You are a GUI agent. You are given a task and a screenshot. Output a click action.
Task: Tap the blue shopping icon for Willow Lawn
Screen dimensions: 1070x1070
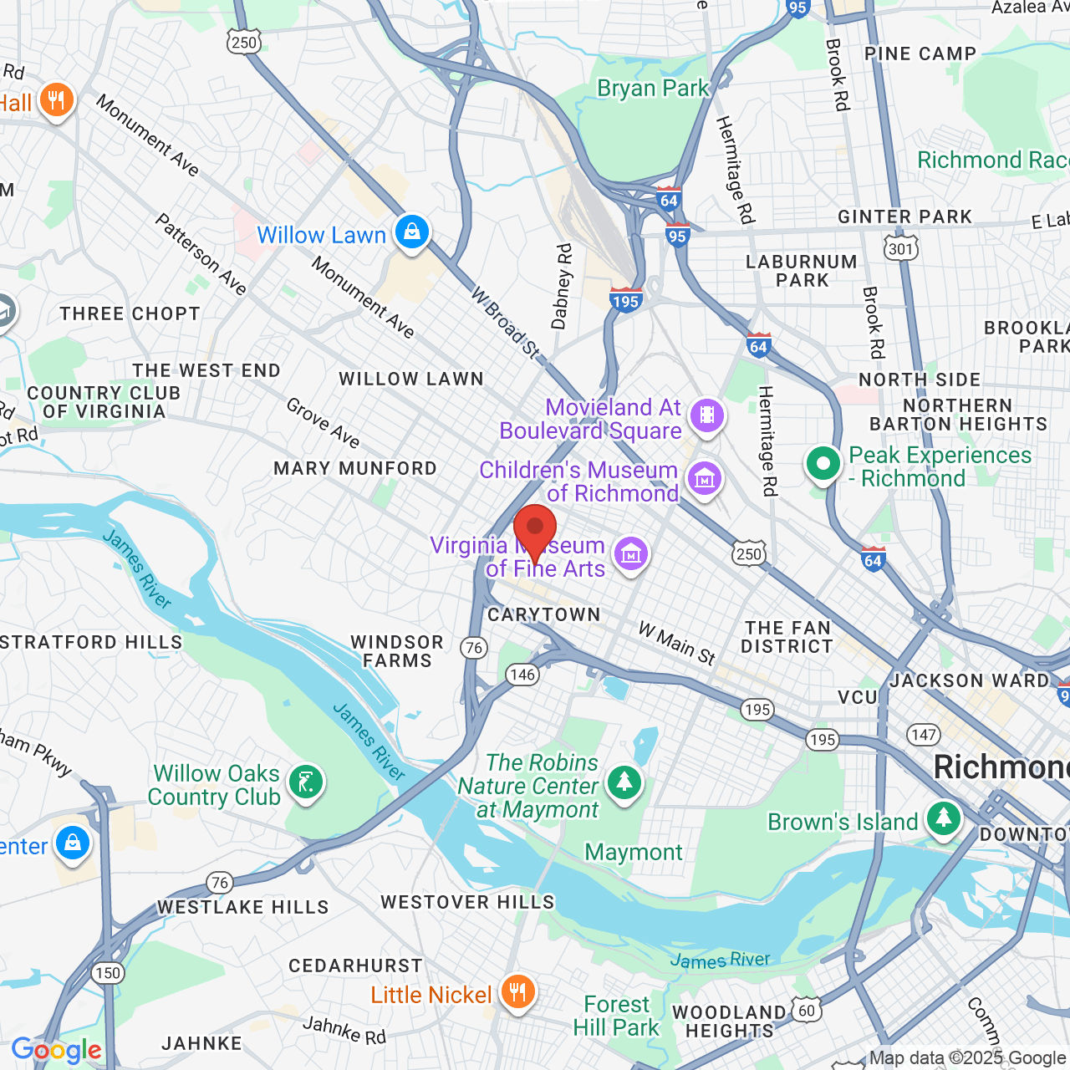tap(412, 232)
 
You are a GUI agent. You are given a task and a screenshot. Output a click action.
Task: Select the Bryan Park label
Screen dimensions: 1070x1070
tap(652, 89)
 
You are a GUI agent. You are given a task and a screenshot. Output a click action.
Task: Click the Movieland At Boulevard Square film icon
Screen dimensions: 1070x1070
tap(707, 415)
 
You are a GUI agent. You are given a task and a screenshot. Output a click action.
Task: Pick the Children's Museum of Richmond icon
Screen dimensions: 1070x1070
tap(704, 479)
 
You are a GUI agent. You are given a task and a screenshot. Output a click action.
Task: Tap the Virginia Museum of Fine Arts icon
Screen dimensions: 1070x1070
tap(631, 553)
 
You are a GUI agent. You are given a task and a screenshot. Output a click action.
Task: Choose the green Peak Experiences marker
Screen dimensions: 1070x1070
tap(823, 463)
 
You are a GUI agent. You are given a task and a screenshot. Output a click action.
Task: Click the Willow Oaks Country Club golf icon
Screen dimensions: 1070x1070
tap(306, 782)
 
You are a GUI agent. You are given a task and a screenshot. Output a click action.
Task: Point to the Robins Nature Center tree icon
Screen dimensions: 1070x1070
tap(624, 782)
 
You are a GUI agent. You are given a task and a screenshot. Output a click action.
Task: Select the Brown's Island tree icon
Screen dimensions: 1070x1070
tap(944, 818)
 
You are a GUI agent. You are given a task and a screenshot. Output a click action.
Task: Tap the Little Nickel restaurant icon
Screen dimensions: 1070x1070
tap(518, 992)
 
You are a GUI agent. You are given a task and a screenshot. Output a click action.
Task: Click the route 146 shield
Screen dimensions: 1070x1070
tap(522, 675)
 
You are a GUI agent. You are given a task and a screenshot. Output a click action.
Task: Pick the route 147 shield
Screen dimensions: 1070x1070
tap(924, 735)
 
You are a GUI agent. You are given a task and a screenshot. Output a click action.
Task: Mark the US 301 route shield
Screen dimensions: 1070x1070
tap(901, 248)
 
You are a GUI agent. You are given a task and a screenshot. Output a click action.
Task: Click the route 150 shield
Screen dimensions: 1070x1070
tap(108, 973)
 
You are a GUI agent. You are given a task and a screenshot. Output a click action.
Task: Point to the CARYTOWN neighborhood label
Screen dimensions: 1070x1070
tap(544, 614)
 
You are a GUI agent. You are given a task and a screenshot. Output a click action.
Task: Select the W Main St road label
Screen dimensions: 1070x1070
tap(677, 644)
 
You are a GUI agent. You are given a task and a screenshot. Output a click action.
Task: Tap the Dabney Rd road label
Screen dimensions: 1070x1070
tap(563, 286)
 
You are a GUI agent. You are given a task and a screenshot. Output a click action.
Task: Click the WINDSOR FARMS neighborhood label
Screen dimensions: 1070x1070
tap(397, 651)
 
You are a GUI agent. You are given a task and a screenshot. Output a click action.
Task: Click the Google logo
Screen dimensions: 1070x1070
tap(56, 1050)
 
